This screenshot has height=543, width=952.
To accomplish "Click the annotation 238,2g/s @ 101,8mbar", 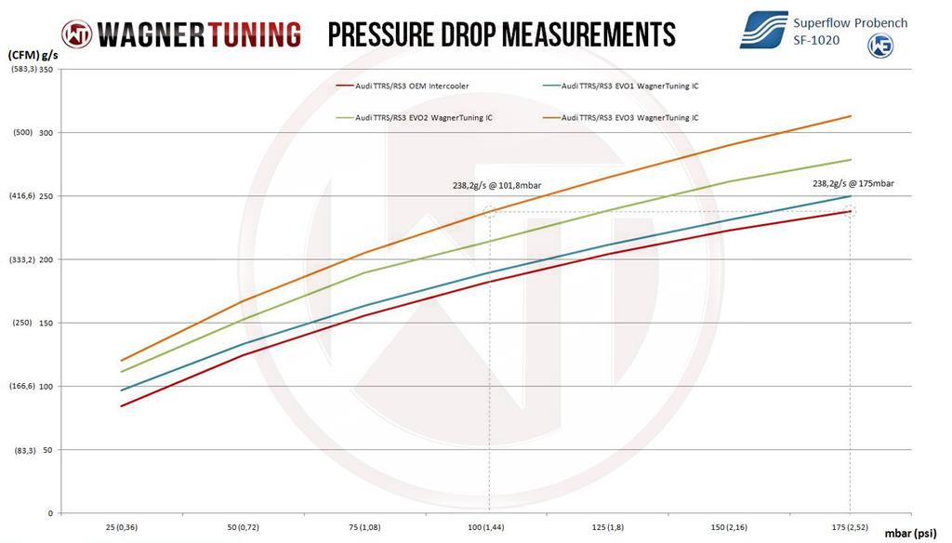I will tap(496, 185).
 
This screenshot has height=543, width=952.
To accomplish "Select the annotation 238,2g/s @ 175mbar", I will tap(853, 184).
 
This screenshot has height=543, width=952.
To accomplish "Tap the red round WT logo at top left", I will tap(77, 34).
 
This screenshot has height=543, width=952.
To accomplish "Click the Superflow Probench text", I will tap(850, 22).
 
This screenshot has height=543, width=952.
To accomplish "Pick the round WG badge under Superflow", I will tap(879, 46).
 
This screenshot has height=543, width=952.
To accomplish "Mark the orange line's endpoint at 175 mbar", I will tap(851, 116).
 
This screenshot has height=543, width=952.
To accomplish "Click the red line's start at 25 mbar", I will tap(121, 405).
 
